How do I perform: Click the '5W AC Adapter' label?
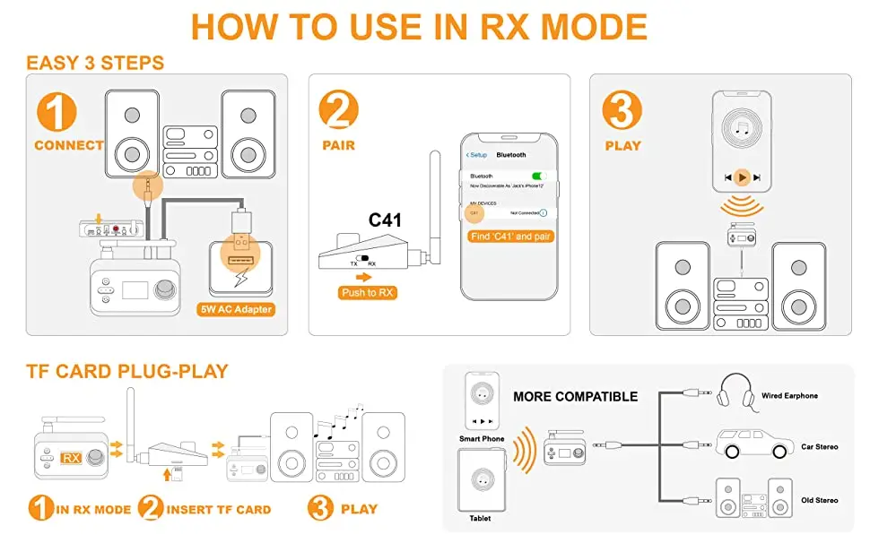tap(236, 310)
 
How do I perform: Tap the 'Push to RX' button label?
tap(369, 293)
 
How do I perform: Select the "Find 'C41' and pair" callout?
tap(511, 237)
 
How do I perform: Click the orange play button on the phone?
tap(742, 177)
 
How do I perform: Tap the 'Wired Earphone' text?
tap(789, 395)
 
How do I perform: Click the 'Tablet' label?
tap(479, 519)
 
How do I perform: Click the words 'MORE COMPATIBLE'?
tap(576, 397)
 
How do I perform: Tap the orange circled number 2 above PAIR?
tap(338, 111)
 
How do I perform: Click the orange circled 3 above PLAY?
tap(622, 111)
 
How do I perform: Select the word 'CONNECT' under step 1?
tap(68, 145)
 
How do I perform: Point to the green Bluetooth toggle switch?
tap(539, 176)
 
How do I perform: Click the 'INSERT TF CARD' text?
tap(219, 510)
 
